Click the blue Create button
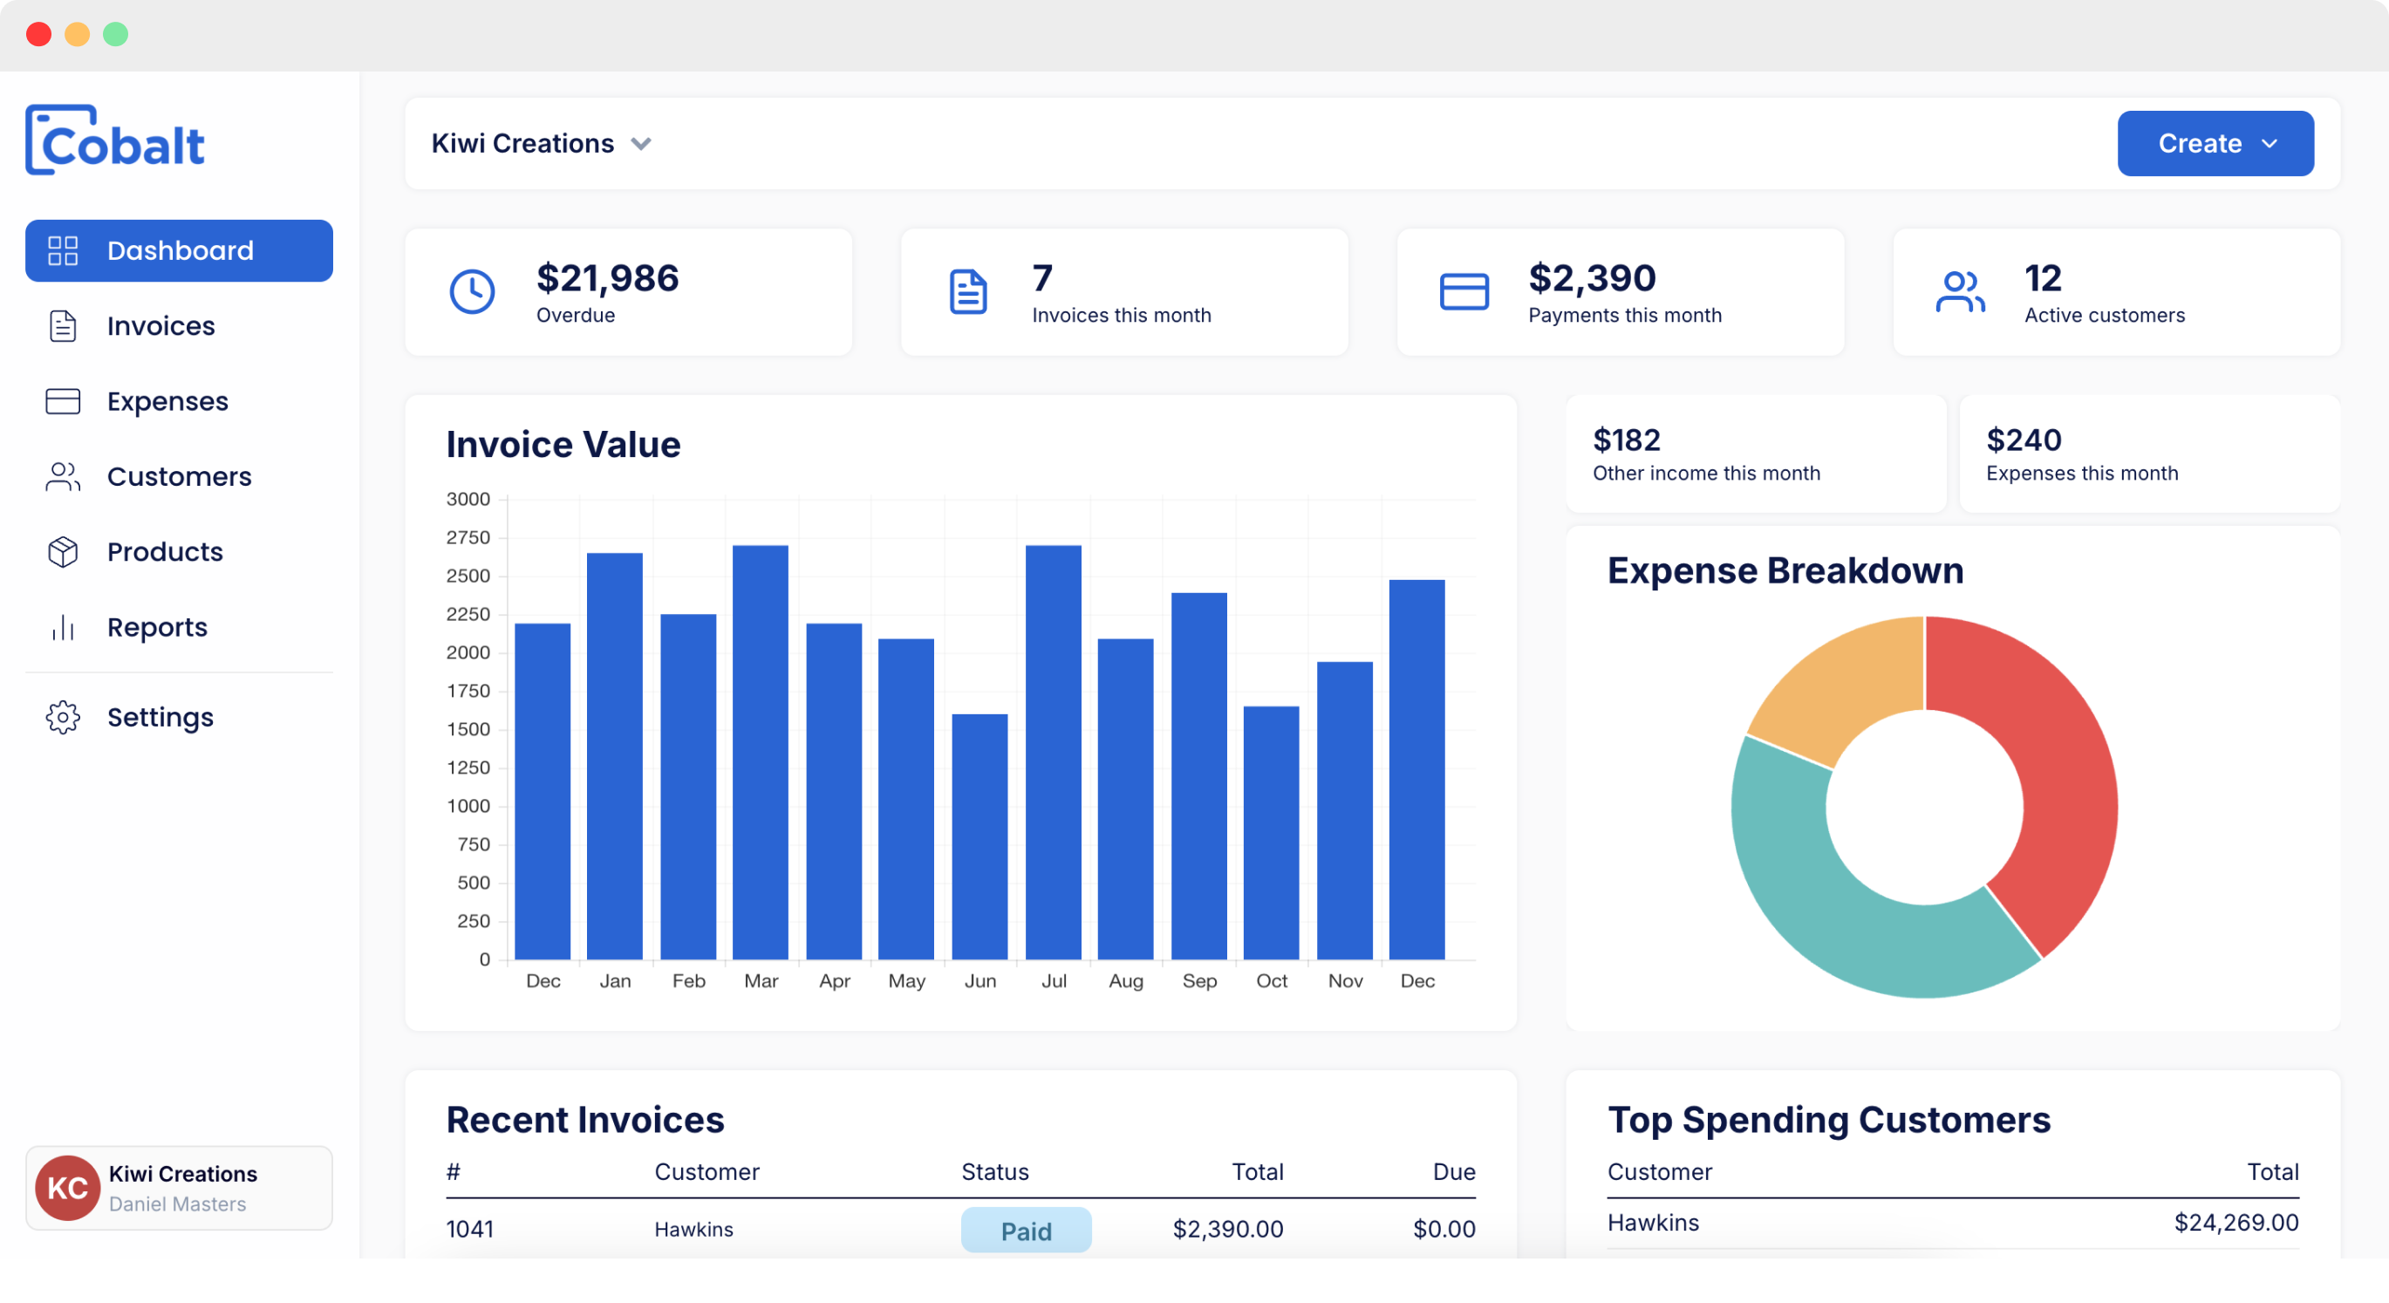[2214, 144]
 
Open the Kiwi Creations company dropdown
[542, 144]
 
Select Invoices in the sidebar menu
[160, 326]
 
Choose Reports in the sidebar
[157, 628]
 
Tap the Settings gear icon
[63, 718]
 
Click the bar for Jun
[979, 836]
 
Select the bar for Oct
[1271, 833]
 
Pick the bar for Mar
[761, 752]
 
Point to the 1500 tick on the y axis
[468, 730]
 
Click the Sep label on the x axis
[1199, 981]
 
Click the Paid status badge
[1026, 1231]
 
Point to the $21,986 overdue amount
[607, 278]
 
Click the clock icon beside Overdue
[472, 292]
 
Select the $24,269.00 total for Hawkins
[2236, 1224]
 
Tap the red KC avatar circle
[68, 1188]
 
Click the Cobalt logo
[115, 141]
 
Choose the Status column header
[995, 1172]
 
